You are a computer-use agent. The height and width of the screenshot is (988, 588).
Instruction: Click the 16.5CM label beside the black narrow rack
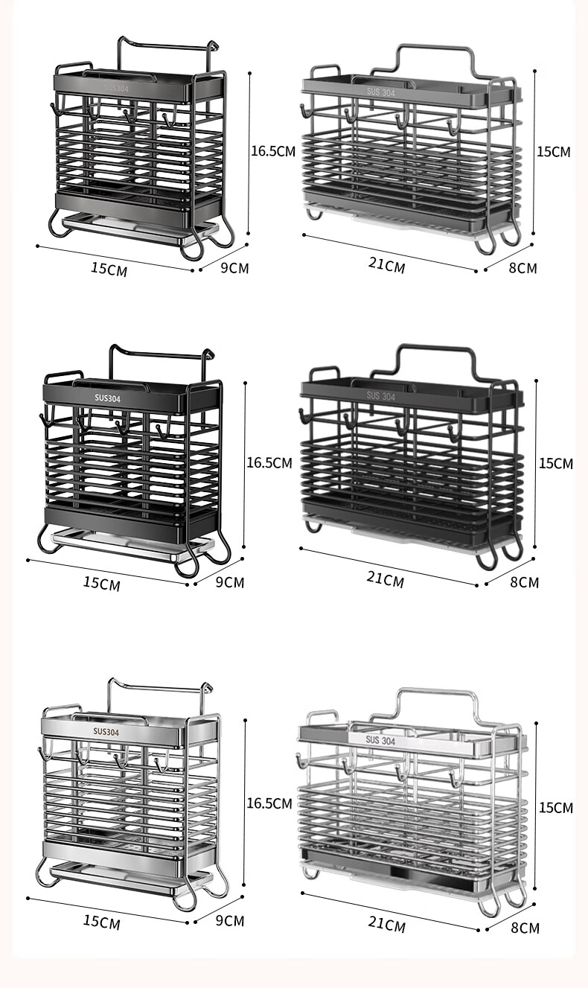269,462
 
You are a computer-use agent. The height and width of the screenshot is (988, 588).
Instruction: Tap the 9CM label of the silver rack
230,920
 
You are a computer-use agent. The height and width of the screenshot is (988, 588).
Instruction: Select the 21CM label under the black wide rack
386,579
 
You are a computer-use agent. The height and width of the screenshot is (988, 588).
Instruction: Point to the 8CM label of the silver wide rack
525,928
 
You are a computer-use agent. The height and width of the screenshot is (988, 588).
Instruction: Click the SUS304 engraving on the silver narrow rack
106,732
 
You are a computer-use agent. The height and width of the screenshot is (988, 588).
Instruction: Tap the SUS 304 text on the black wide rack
381,395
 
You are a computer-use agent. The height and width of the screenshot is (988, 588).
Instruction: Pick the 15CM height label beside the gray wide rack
554,152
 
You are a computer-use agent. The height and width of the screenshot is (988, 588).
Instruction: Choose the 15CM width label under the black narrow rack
102,583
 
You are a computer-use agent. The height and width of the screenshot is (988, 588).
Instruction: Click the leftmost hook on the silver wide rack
301,760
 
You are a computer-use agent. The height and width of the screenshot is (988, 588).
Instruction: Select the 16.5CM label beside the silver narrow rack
269,803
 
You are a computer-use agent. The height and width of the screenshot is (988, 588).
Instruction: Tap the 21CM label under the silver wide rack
386,924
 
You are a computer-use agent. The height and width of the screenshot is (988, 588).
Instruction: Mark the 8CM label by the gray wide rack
523,268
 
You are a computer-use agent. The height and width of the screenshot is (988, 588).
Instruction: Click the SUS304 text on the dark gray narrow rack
116,88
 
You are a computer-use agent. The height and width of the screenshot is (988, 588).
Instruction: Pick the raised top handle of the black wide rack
436,360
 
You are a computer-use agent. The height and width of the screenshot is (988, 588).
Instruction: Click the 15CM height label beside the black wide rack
556,464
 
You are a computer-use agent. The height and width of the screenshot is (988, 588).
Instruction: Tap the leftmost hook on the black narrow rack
44,421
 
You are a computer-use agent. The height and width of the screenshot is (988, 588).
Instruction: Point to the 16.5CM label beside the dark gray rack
273,151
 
